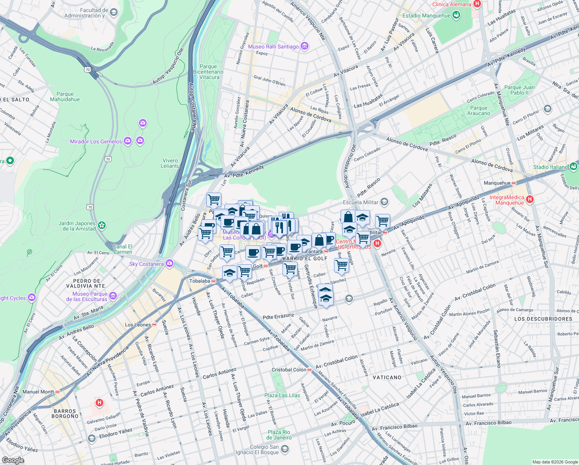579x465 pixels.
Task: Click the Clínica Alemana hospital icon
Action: [477, 4]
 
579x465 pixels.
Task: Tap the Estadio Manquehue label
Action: [427, 16]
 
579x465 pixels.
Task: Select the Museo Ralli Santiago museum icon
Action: [305, 46]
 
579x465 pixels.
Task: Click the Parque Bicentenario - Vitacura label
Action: [208, 72]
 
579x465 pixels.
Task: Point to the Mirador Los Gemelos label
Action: [96, 141]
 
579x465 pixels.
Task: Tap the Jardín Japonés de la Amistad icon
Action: [102, 225]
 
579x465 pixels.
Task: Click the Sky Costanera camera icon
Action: [170, 264]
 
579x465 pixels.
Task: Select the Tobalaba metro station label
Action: [200, 281]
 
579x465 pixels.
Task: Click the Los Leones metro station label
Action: [138, 325]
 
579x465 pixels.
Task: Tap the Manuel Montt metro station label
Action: [38, 392]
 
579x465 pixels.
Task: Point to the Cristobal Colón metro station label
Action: [289, 370]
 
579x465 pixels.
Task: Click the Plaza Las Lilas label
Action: [282, 395]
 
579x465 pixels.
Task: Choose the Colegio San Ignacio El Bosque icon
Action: [285, 449]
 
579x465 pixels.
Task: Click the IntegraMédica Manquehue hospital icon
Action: [530, 199]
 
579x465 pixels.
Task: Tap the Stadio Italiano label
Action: [551, 167]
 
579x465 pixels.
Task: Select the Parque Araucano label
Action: [479, 111]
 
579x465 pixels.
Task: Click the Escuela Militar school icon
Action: [384, 202]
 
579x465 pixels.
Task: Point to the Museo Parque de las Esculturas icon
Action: [113, 296]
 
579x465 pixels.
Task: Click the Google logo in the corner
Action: [13, 460]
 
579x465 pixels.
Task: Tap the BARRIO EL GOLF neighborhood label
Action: [305, 258]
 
